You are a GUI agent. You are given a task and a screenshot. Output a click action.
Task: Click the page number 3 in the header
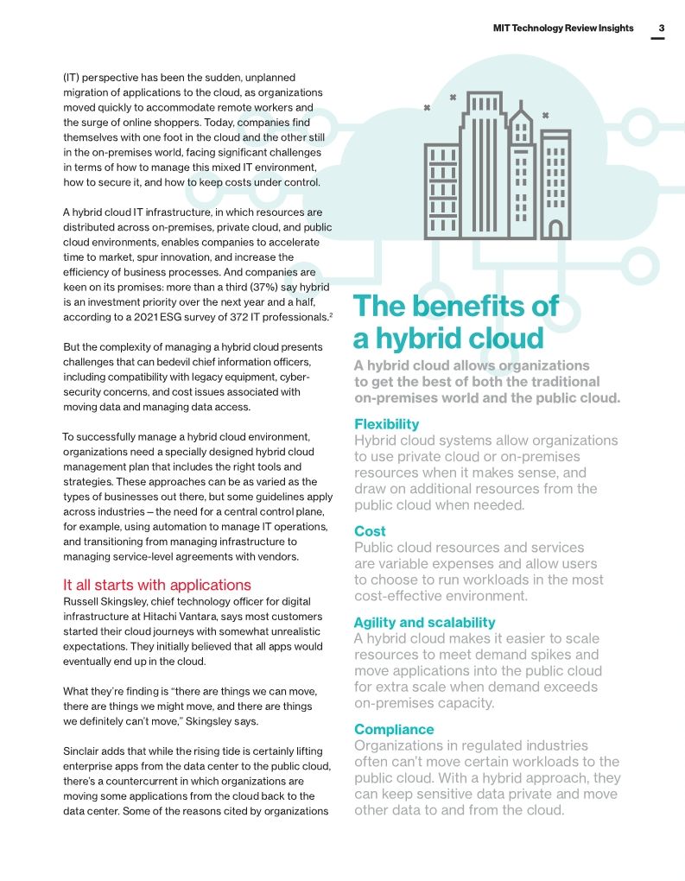[661, 28]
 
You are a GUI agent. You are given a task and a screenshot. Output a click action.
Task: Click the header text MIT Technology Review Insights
[562, 28]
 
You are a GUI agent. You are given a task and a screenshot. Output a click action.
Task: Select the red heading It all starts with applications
[157, 585]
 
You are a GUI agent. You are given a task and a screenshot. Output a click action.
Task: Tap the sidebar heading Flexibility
[386, 424]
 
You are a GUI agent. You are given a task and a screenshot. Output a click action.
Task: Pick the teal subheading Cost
[370, 531]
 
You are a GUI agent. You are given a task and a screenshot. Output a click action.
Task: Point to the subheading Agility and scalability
[424, 622]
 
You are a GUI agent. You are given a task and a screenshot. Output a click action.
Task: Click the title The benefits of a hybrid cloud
[455, 321]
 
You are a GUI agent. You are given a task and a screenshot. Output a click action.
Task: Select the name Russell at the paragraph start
[83, 601]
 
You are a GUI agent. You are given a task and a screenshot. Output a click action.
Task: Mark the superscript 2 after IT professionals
[331, 315]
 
